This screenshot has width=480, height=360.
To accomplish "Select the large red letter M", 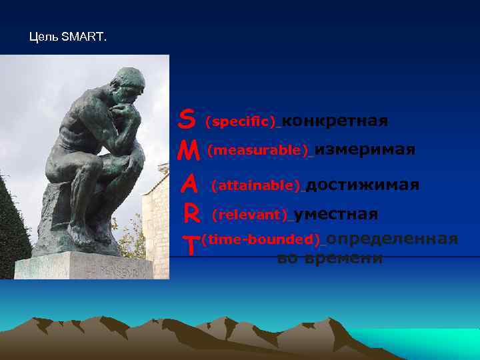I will click(190, 151).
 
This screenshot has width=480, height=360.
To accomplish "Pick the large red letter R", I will click(191, 215).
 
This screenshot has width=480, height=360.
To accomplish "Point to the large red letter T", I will click(191, 245).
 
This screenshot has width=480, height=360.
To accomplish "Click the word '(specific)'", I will click(241, 122).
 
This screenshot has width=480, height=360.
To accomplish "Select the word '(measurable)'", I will click(259, 151).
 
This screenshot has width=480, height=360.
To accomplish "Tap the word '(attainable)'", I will click(257, 185).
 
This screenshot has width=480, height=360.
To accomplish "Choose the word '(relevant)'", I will click(250, 215).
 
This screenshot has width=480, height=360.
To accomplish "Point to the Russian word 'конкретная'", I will click(335, 121).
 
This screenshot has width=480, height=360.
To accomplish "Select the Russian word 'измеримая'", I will click(365, 150).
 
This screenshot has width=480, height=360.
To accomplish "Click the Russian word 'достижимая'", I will click(363, 185).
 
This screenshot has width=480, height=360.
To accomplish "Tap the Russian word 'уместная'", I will click(336, 215).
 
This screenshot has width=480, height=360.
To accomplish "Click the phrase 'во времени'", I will click(330, 259).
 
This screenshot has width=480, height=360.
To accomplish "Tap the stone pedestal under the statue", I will click(83, 267).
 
